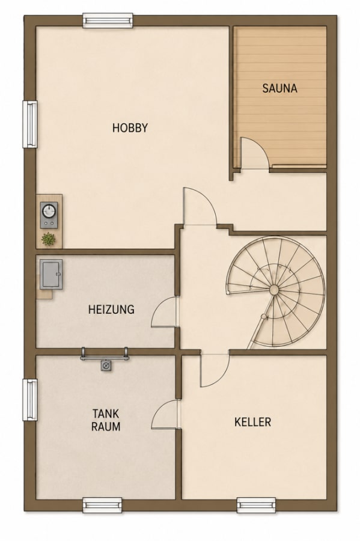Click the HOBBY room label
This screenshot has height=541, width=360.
point(130,128)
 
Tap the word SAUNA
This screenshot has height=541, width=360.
point(279,88)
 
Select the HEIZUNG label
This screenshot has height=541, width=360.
point(111,309)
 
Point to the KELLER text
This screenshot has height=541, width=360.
point(253,422)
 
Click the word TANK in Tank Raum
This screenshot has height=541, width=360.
point(106,413)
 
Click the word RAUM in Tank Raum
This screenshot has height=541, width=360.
point(106,426)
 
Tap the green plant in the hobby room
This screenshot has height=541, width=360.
point(49,239)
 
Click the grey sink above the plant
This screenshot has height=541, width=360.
point(49,215)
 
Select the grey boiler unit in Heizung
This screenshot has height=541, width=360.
point(51,274)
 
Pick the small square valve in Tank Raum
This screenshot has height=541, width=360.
point(106,365)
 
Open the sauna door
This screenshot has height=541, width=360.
point(254,153)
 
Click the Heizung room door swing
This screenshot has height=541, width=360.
point(165,312)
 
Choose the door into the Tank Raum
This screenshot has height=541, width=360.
point(165,414)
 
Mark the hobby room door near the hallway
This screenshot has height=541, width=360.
point(200,206)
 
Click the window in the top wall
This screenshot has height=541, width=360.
point(108,20)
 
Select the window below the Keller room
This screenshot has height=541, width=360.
point(256,506)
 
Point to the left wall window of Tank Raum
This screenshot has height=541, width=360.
point(30,400)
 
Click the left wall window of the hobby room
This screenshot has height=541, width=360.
point(30,124)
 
